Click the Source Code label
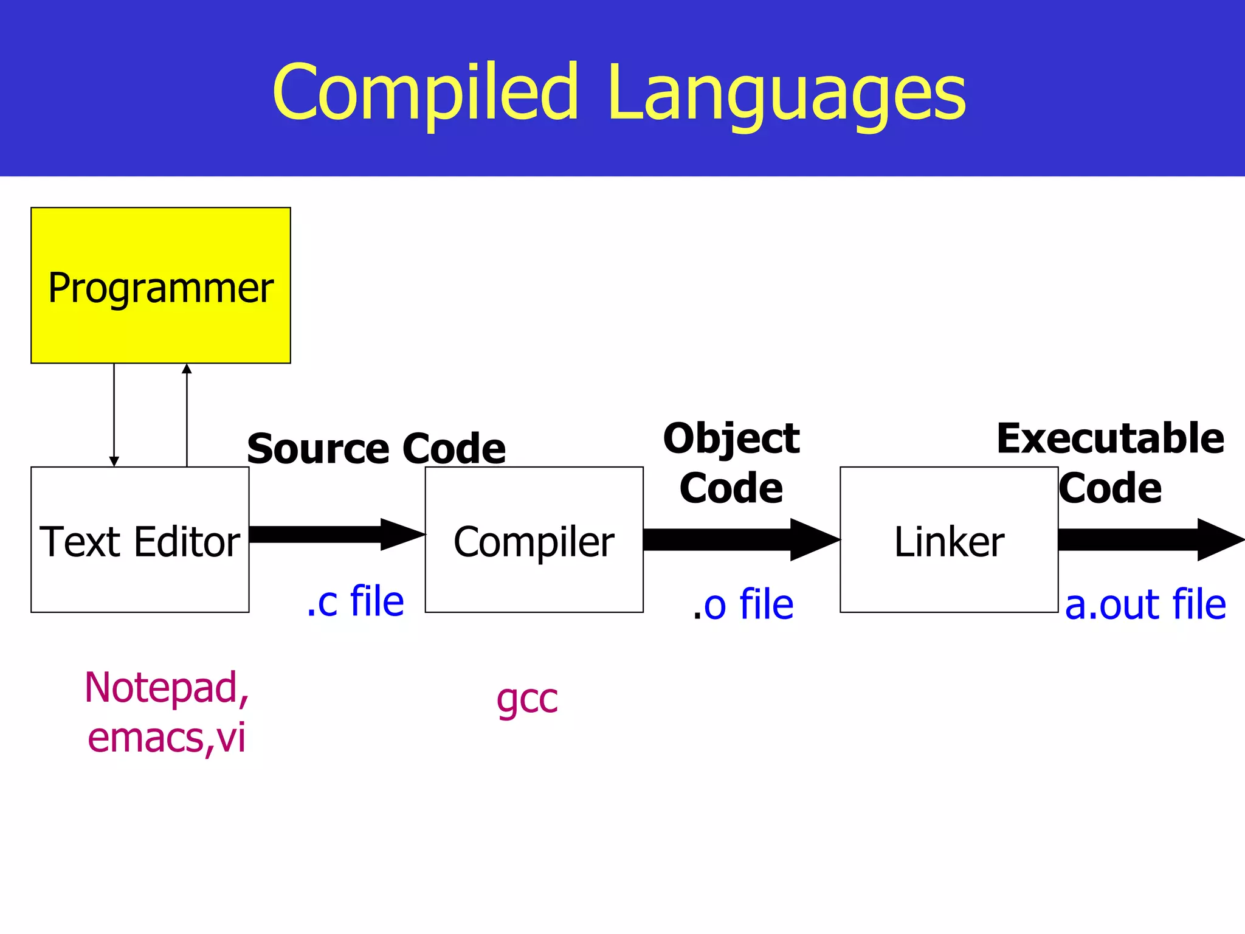pyautogui.click(x=376, y=449)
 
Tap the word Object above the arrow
pyautogui.click(x=731, y=438)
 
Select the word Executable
pyautogui.click(x=1110, y=438)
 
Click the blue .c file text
pyautogui.click(x=355, y=601)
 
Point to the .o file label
pyautogui.click(x=743, y=605)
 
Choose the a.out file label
pyautogui.click(x=1145, y=605)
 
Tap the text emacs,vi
pyautogui.click(x=166, y=738)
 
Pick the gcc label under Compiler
pyautogui.click(x=526, y=699)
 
